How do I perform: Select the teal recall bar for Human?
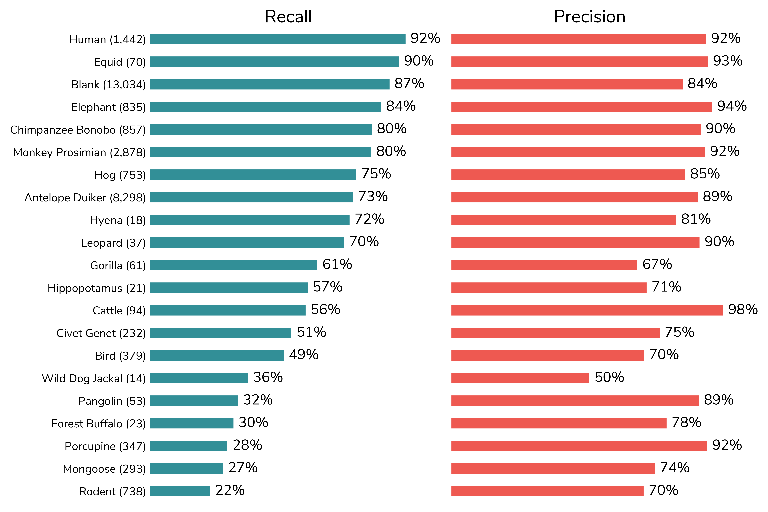(278, 39)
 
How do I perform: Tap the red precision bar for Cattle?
(587, 310)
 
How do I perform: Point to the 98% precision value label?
(743, 310)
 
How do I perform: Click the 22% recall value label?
(230, 490)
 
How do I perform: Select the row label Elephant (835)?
(108, 107)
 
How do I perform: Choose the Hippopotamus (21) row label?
(97, 288)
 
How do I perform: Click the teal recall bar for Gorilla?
(233, 265)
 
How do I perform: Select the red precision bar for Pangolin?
(575, 401)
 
